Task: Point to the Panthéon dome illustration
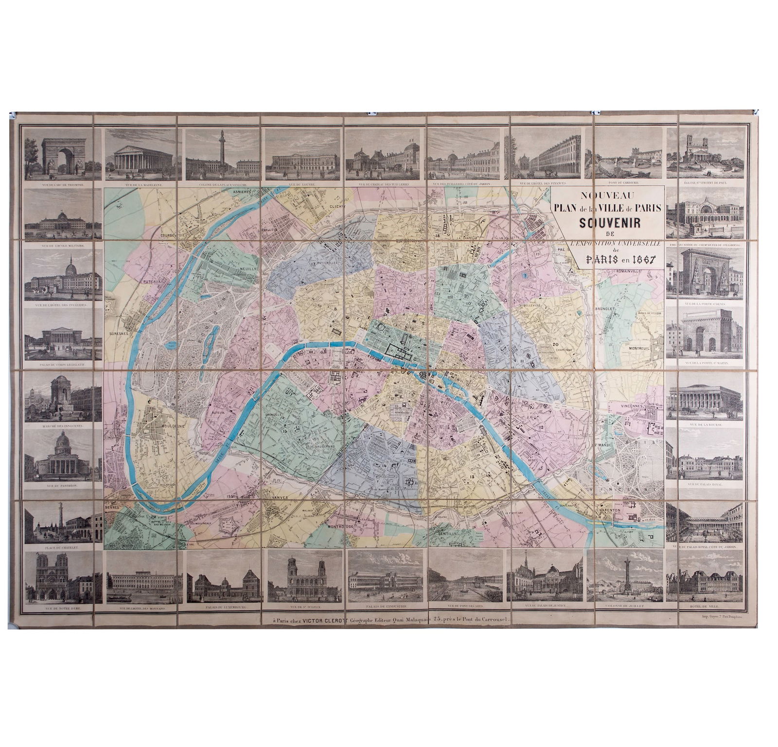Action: [x=62, y=455]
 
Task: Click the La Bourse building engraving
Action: [x=705, y=397]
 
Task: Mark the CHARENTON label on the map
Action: [x=608, y=510]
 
